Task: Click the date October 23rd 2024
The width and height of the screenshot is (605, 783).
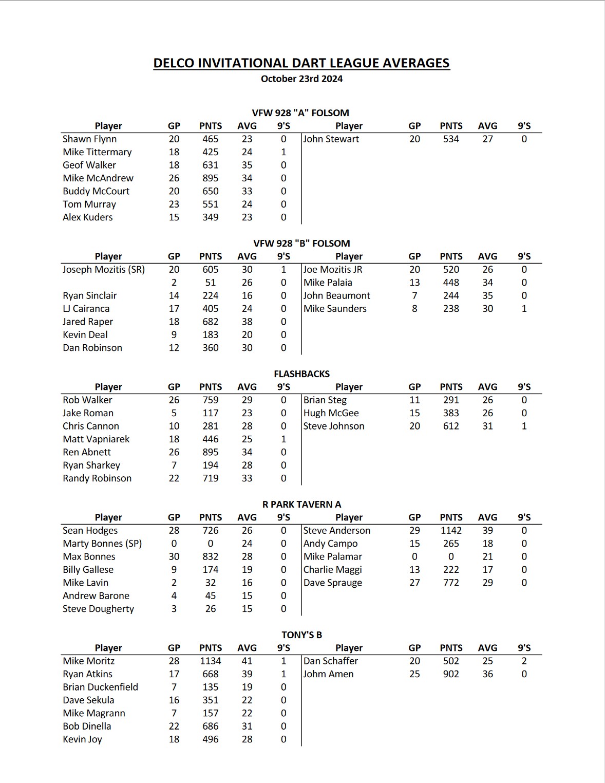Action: click(x=301, y=79)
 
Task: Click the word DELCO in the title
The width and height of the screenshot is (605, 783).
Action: click(x=174, y=63)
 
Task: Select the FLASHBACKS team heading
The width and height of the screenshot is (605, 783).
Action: click(x=301, y=374)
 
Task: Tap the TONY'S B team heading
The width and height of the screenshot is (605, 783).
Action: click(x=301, y=635)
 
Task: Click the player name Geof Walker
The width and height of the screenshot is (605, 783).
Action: click(x=89, y=165)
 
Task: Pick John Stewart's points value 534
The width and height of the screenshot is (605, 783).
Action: click(x=451, y=139)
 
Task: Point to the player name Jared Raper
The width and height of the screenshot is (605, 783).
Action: click(x=88, y=322)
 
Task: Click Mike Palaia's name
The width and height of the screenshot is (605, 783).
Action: click(x=328, y=283)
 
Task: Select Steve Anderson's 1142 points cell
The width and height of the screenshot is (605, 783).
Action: click(x=451, y=530)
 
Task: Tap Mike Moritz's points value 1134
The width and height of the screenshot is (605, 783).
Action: click(x=211, y=661)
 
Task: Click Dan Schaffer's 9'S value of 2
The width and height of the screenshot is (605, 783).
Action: click(x=524, y=661)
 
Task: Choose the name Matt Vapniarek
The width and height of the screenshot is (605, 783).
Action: click(x=96, y=439)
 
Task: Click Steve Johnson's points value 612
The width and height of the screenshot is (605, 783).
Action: click(x=451, y=426)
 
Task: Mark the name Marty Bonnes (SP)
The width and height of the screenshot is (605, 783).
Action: click(x=102, y=544)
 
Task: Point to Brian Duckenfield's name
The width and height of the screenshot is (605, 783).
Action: click(x=100, y=687)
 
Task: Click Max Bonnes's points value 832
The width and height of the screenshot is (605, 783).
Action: click(x=211, y=556)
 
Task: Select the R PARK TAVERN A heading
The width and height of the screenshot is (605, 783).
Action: click(x=301, y=504)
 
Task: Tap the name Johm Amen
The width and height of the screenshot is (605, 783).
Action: click(x=328, y=674)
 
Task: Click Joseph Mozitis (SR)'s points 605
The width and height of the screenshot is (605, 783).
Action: click(x=211, y=269)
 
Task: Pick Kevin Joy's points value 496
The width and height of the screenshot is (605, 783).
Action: click(x=211, y=739)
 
